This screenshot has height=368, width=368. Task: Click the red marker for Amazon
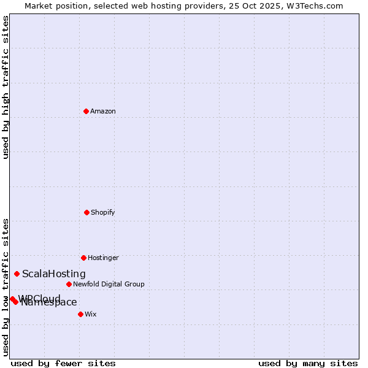coord(86,111)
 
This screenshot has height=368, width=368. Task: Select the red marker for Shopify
coord(86,212)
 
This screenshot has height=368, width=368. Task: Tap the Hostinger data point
coord(83,258)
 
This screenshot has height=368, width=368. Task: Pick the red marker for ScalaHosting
coord(17,274)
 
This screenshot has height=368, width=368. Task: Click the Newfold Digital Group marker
coord(69,284)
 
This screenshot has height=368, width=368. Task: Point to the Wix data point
coord(80,314)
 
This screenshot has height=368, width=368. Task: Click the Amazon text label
coord(103,111)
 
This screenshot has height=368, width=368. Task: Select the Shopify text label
coord(103,212)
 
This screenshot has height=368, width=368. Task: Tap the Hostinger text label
coord(103,258)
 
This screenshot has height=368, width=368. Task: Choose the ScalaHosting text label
coord(54,274)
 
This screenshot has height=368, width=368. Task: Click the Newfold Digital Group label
coord(109,284)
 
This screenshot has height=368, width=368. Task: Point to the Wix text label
coord(91,314)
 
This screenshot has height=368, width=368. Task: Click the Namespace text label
coord(49,302)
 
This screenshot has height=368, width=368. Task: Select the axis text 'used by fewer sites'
coord(63,363)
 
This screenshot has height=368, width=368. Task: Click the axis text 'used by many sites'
coord(308,363)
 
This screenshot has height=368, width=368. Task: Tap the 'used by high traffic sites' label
coord(6,87)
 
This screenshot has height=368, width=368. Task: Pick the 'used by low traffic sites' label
coord(6,287)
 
